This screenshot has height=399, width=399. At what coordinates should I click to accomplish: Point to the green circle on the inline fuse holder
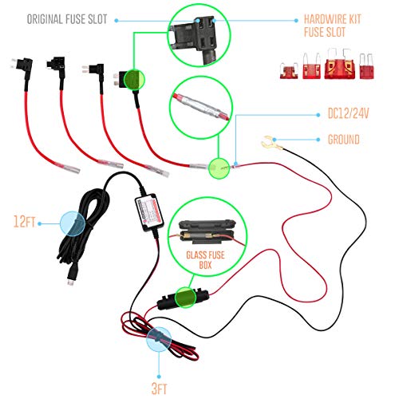pos(185,298)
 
